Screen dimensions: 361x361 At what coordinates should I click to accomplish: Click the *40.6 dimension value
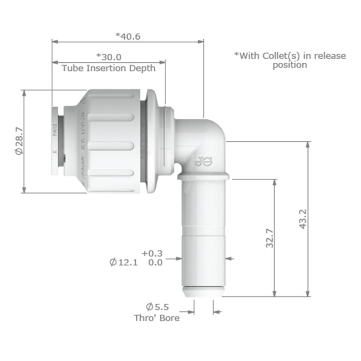pyautogui.click(x=128, y=36)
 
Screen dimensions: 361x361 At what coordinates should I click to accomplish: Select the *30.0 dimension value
pyautogui.click(x=109, y=57)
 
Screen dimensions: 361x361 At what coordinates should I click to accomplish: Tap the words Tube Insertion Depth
pyautogui.click(x=108, y=68)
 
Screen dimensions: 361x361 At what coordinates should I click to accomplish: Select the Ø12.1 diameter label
pyautogui.click(x=123, y=262)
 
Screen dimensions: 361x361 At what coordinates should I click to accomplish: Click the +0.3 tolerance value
pyautogui.click(x=152, y=254)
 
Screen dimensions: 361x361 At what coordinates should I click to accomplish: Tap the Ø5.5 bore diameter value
pyautogui.click(x=157, y=307)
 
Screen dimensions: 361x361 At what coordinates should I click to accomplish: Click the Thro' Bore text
pyautogui.click(x=157, y=318)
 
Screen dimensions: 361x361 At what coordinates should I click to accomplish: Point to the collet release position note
pyautogui.click(x=290, y=60)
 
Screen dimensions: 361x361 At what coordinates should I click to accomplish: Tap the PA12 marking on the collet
pyautogui.click(x=55, y=131)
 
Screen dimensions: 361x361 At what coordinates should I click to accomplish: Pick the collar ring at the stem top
pyautogui.click(x=204, y=175)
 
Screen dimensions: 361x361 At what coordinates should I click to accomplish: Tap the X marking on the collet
pyautogui.click(x=55, y=153)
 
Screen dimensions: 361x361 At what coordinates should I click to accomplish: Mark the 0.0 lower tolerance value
pyautogui.click(x=155, y=263)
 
